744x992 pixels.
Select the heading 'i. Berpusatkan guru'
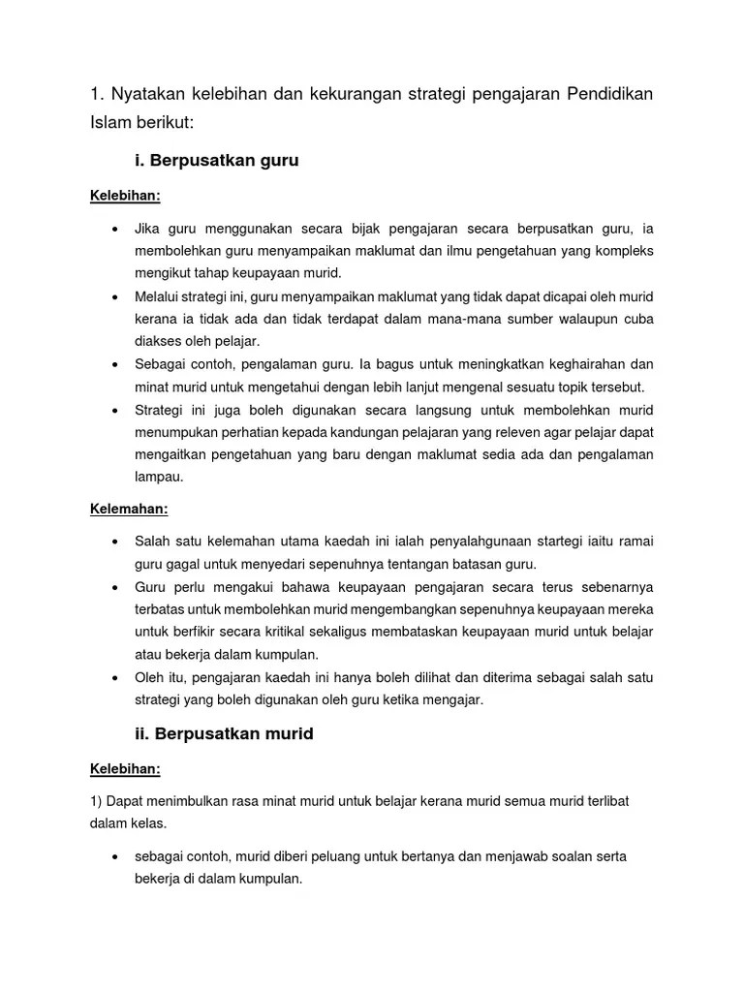pyautogui.click(x=217, y=161)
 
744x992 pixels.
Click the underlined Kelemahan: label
pyautogui.click(x=129, y=507)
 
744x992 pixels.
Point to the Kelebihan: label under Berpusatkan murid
pyautogui.click(x=125, y=768)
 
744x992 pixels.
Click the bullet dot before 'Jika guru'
pyautogui.click(x=114, y=229)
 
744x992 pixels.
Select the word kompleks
pyautogui.click(x=624, y=251)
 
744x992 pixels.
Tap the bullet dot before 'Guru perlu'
pyautogui.click(x=114, y=587)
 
